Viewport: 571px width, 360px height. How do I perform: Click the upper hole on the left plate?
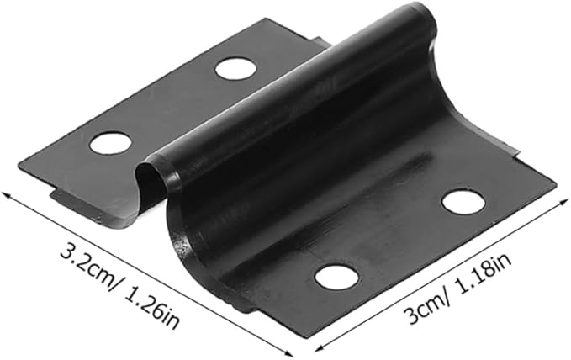point(235,68)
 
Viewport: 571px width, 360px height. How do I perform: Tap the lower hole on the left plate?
point(110,143)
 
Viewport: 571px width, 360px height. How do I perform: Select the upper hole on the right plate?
point(463,201)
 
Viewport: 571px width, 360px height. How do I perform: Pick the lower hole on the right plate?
point(337,278)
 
